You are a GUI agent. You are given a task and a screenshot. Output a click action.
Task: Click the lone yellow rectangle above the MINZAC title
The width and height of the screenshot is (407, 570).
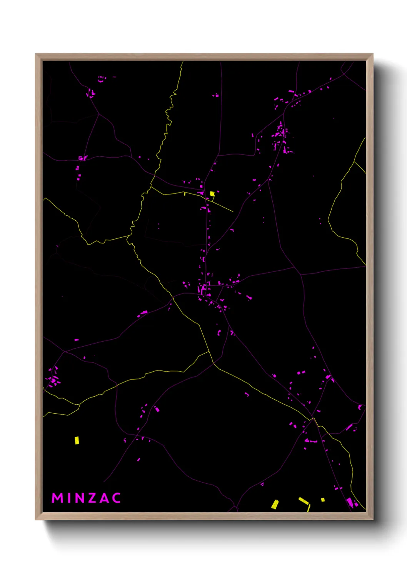[77, 440]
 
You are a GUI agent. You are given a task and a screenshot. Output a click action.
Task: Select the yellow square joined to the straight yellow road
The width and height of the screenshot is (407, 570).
[212, 194]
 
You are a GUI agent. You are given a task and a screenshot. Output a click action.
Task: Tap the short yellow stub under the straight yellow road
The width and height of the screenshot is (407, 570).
[185, 194]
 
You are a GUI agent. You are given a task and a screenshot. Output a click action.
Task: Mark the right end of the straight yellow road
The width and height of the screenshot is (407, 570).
[233, 211]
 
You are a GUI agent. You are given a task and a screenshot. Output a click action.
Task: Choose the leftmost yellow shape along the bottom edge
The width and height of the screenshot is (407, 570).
[275, 504]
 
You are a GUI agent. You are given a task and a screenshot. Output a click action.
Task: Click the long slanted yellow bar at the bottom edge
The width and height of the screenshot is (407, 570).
[304, 501]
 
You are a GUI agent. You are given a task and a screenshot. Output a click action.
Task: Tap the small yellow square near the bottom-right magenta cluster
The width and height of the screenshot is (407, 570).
[323, 500]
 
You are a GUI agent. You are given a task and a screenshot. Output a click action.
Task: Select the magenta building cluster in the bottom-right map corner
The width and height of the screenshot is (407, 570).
[350, 502]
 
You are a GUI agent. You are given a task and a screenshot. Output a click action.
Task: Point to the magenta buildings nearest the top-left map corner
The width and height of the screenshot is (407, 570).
[102, 79]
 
